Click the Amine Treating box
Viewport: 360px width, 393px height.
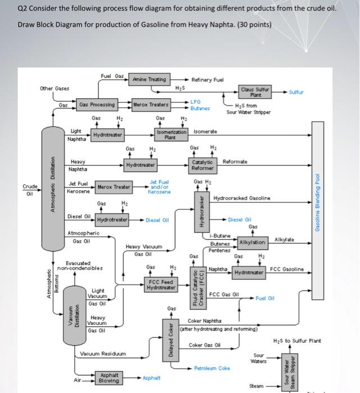[x=149, y=80]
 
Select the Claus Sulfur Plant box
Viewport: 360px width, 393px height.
[x=255, y=92]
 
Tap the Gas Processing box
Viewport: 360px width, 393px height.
[x=97, y=104]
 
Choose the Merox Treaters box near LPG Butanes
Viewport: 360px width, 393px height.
[x=150, y=104]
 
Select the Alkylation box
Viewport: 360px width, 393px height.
[x=252, y=242]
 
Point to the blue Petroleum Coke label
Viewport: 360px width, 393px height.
[x=212, y=368]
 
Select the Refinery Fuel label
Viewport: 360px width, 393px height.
[x=208, y=80]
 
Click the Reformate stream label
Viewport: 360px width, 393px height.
[x=235, y=162]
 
